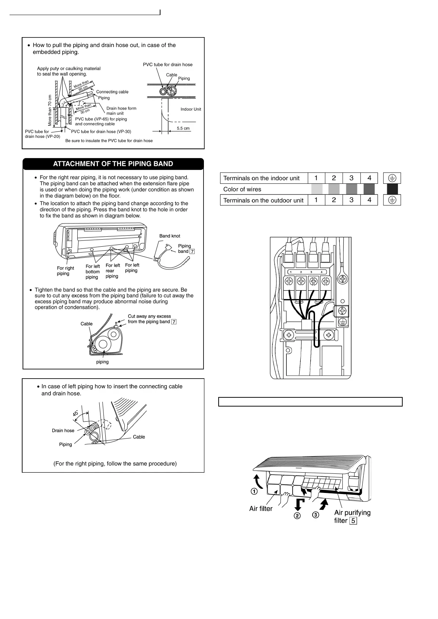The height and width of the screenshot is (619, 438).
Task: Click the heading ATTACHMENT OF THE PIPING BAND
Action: pyautogui.click(x=113, y=164)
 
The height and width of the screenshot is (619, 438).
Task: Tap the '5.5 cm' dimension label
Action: pyautogui.click(x=183, y=128)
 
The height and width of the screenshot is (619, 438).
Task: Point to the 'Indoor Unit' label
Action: pyautogui.click(x=191, y=109)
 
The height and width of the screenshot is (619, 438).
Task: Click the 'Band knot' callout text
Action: pyautogui.click(x=170, y=236)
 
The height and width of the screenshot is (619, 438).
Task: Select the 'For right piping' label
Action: pyautogui.click(x=65, y=271)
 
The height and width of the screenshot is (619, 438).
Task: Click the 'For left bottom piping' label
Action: pyautogui.click(x=92, y=272)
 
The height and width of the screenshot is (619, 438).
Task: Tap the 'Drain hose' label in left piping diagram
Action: pyautogui.click(x=63, y=430)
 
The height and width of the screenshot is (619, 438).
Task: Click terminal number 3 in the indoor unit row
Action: pyautogui.click(x=351, y=178)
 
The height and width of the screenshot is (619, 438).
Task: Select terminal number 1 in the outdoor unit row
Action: pyautogui.click(x=316, y=200)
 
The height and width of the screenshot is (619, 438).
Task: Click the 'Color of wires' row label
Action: pyautogui.click(x=242, y=189)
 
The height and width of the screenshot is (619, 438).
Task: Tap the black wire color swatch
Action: pyautogui.click(x=392, y=189)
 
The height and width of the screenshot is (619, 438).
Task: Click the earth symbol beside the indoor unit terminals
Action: pyautogui.click(x=392, y=178)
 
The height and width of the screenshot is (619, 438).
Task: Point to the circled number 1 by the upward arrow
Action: pyautogui.click(x=254, y=491)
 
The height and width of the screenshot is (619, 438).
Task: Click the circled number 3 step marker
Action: pyautogui.click(x=315, y=515)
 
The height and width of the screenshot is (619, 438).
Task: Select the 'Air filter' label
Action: pyautogui.click(x=261, y=509)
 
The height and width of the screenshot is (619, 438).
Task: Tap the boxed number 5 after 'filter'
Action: pyautogui.click(x=353, y=521)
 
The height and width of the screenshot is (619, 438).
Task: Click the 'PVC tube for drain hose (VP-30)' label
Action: pyautogui.click(x=101, y=132)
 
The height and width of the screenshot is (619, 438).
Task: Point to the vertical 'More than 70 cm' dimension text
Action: pyautogui.click(x=50, y=110)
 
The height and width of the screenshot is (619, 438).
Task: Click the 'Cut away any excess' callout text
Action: pyautogui.click(x=149, y=316)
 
